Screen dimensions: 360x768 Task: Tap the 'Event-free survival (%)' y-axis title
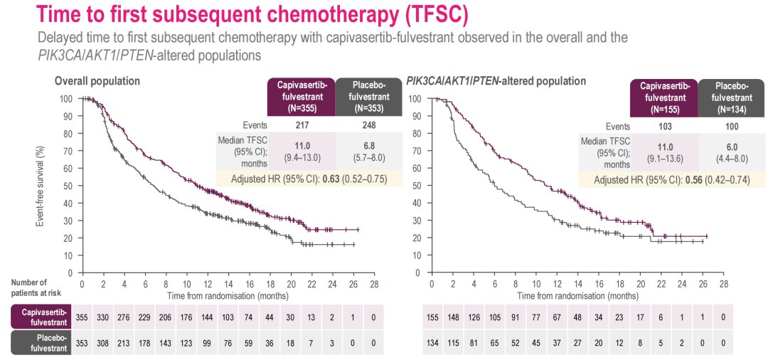pos(41,186)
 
